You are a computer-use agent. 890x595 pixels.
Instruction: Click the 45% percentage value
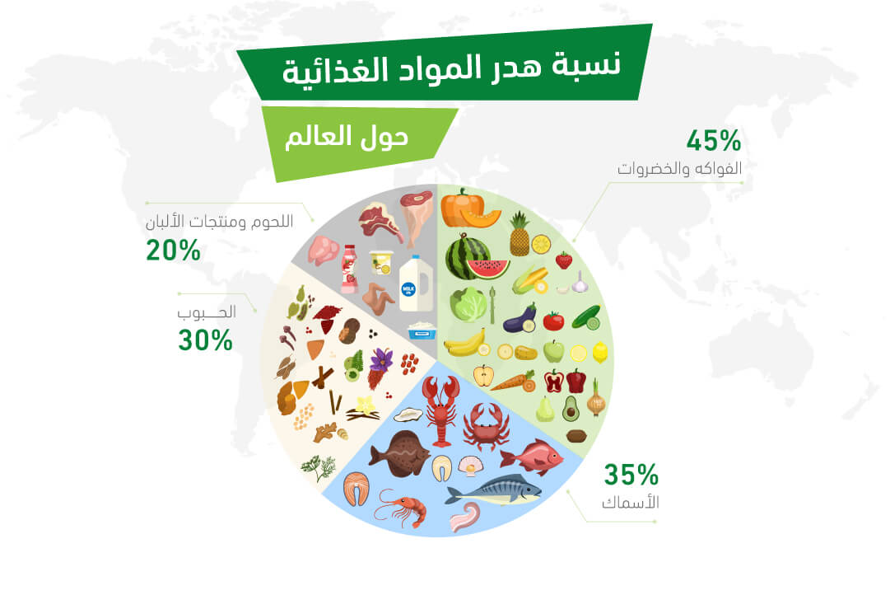pos(714,140)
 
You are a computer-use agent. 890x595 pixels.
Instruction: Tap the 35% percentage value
pos(631,475)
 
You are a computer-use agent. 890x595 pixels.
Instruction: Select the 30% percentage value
pos(205,340)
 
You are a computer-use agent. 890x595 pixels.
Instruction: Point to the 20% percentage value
pos(173,250)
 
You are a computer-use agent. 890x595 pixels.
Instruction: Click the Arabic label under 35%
pos(630,503)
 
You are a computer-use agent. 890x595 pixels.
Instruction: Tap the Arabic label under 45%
pos(679,169)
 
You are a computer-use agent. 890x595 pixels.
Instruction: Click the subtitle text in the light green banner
pos(347,137)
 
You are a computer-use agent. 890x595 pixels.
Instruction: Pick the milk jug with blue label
pos(416,283)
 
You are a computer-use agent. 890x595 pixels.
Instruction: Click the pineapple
pos(520,234)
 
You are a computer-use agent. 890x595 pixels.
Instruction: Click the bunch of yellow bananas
pos(466,342)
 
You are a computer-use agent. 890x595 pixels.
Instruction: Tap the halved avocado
pos(571,409)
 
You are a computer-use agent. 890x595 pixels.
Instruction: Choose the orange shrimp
pos(402,508)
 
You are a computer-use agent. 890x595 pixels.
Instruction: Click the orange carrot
pos(513,382)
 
